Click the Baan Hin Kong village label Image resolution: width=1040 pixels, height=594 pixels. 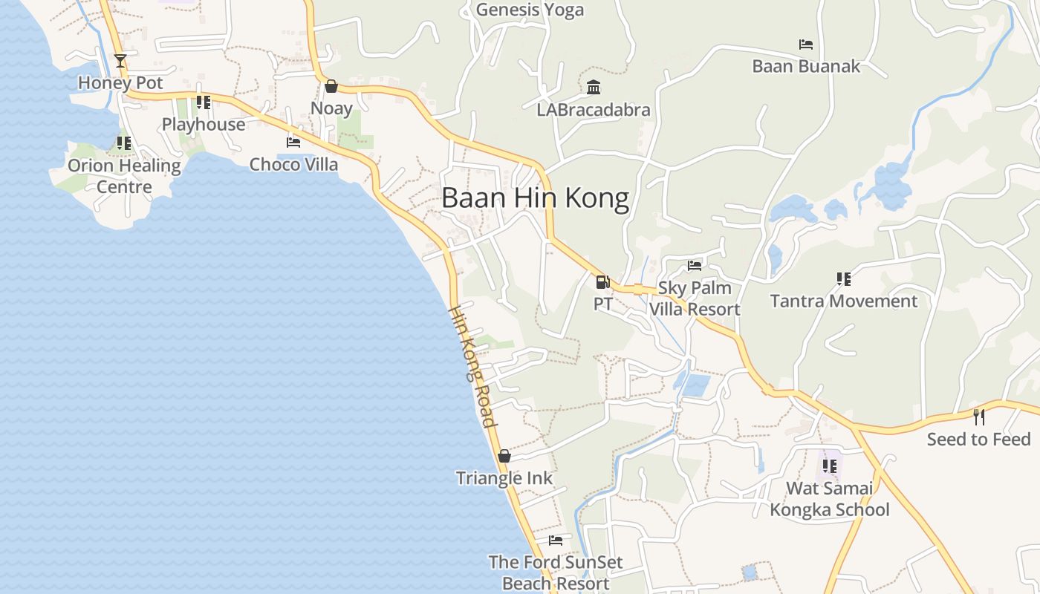coord(535,198)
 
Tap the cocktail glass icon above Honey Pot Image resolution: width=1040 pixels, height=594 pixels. coord(120,61)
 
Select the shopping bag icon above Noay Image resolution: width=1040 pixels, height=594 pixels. coord(331,87)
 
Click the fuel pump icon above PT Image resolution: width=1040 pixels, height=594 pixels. coord(602,282)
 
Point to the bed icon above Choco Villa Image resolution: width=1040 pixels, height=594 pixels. coord(293,142)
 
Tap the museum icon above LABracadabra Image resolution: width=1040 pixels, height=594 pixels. coord(594,88)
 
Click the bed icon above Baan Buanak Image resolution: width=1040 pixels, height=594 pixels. coord(806,45)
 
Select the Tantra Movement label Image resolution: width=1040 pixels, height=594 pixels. coord(844,301)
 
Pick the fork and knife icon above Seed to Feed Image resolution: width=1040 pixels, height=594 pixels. coord(979,417)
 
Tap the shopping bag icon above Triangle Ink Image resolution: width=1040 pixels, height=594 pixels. coord(504,456)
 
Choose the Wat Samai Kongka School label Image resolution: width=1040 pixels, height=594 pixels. coord(830,499)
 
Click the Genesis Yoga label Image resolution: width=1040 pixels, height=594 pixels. coord(530,10)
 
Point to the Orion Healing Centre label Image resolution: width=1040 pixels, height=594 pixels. coord(124,176)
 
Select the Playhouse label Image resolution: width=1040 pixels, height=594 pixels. coord(204,124)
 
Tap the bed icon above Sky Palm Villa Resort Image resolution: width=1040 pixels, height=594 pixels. coord(695,265)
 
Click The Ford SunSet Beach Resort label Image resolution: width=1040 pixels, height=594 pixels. coord(556,572)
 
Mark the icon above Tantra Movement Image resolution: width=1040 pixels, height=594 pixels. coord(843,279)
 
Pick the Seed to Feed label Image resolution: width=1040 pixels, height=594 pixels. coord(978,439)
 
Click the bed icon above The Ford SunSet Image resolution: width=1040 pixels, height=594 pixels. coord(556,541)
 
